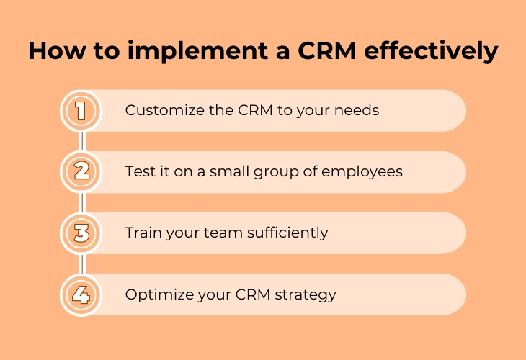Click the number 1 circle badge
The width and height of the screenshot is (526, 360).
[81, 111]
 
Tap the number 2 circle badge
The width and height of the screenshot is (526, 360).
[81, 171]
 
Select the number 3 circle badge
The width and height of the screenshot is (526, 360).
[81, 233]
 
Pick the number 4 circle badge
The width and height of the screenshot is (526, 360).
[81, 294]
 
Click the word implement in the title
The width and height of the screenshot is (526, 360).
[198, 52]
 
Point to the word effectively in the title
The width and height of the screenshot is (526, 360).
[431, 51]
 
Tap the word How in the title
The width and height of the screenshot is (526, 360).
[57, 51]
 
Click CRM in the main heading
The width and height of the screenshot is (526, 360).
[326, 51]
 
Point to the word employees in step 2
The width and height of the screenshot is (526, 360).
[362, 172]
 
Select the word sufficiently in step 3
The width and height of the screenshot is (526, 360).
[287, 233]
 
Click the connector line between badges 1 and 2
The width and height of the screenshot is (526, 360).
[81, 141]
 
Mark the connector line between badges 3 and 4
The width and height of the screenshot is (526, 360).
[81, 264]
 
